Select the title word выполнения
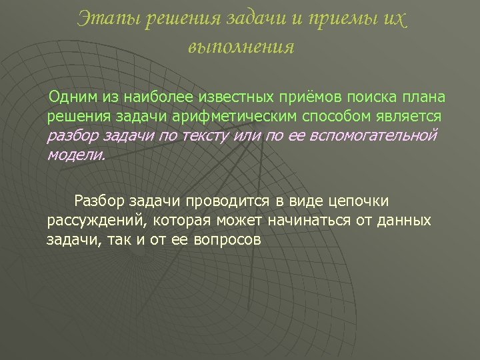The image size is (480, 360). [240, 47]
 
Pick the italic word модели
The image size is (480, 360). [76, 155]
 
